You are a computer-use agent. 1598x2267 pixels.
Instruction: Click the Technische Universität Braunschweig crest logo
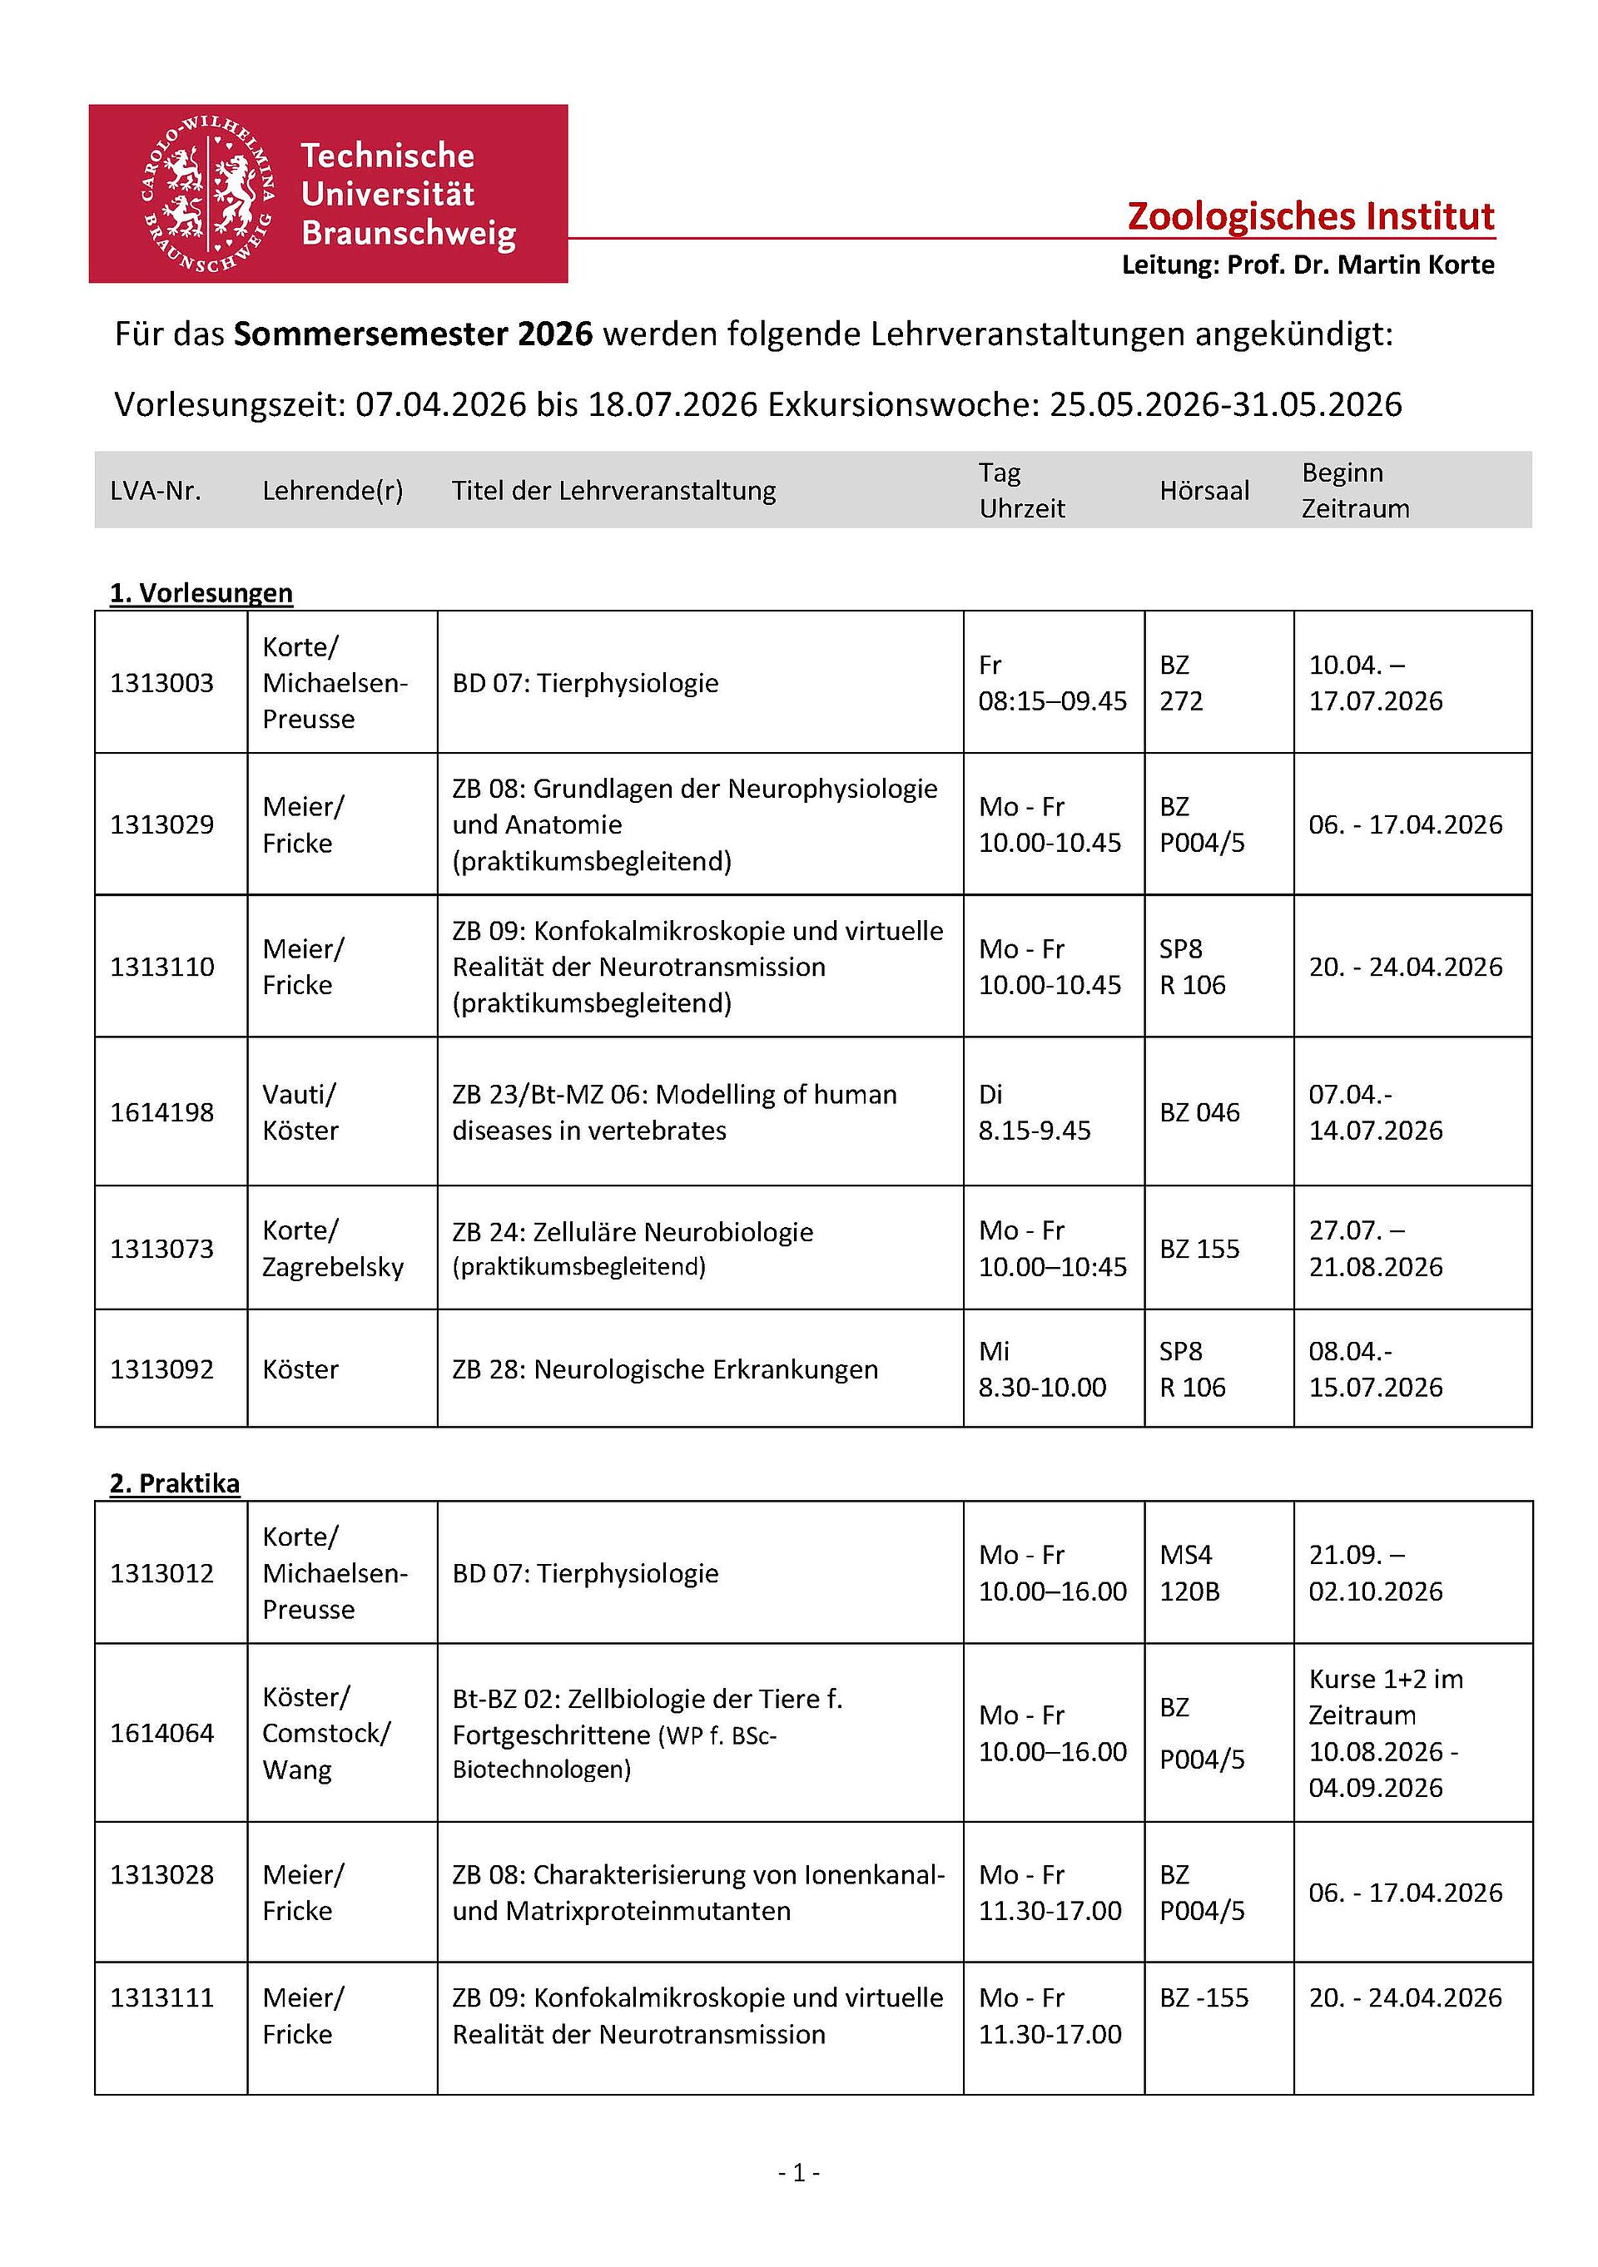(x=208, y=195)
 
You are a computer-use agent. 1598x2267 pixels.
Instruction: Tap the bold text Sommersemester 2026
(x=413, y=334)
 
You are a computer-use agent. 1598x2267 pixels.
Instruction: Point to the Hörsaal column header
(x=1204, y=491)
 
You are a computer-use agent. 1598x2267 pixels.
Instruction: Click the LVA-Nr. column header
(x=155, y=491)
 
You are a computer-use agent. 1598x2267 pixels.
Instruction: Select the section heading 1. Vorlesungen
(x=201, y=592)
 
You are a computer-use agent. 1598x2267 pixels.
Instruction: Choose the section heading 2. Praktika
(x=175, y=1483)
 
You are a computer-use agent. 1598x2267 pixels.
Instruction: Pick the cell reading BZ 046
(x=1199, y=1111)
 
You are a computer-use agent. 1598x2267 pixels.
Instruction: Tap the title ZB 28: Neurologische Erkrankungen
(x=665, y=1369)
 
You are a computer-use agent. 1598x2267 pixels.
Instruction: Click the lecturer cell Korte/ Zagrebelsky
(x=333, y=1248)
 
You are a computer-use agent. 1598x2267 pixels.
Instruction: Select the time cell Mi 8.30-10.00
(x=1042, y=1369)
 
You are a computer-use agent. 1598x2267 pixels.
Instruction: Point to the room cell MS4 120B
(x=1189, y=1573)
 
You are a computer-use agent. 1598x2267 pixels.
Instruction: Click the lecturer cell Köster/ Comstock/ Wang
(x=326, y=1733)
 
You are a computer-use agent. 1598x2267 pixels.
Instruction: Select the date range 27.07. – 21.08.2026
(x=1375, y=1248)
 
